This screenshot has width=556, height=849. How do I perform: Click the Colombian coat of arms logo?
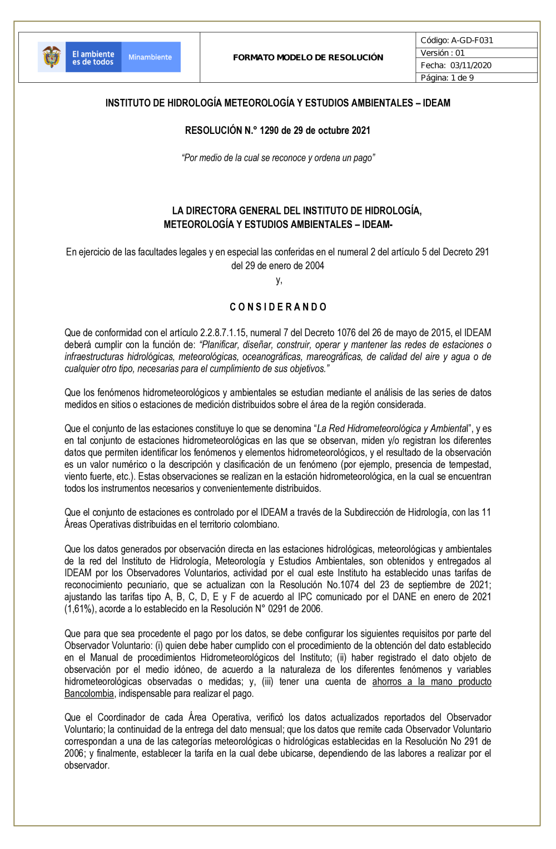[52, 57]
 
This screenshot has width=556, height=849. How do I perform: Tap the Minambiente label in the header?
[150, 57]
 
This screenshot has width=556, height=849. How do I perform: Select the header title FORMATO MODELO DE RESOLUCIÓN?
[308, 57]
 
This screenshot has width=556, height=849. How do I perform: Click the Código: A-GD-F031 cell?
[457, 40]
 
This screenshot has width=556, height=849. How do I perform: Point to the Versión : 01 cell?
[443, 53]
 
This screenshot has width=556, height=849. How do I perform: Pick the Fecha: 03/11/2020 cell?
[456, 65]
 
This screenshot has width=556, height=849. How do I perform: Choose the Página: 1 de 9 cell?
[448, 78]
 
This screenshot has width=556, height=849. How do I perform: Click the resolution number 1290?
[269, 131]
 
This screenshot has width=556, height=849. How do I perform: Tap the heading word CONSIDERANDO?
[278, 307]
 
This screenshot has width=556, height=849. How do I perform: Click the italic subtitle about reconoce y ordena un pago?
[278, 158]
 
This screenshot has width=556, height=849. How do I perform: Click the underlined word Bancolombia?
[89, 693]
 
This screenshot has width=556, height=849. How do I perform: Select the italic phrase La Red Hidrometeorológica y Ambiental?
[392, 428]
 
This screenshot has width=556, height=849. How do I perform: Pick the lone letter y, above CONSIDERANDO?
[279, 280]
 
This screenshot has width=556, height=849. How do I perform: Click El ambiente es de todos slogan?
[93, 58]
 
